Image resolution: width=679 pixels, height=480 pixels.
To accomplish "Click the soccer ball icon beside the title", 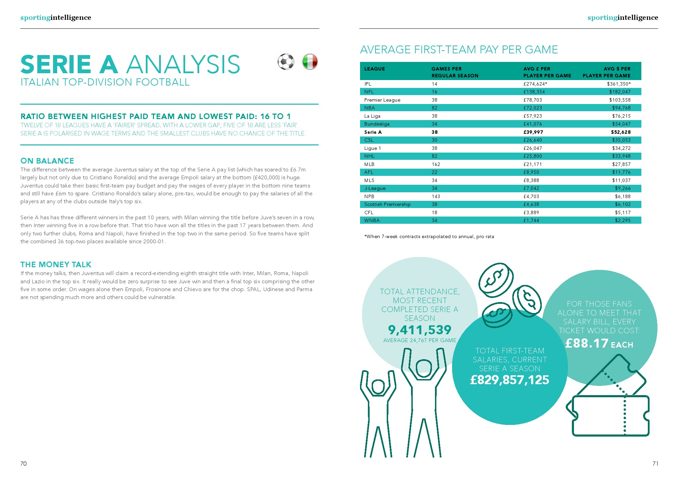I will coord(286,62).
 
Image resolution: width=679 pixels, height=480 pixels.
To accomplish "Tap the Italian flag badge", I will coord(310,62).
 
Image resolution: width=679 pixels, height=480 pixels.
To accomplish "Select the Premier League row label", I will coord(382,100).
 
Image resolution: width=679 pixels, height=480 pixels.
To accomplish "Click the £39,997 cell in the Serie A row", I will coord(533,132).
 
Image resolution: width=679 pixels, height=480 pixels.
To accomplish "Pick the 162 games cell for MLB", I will coord(436,164).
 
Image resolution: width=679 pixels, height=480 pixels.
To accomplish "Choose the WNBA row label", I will coord(372,220).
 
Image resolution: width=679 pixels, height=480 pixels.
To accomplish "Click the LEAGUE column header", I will coord(374,69).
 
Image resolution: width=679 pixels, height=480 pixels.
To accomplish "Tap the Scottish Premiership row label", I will coord(387,204).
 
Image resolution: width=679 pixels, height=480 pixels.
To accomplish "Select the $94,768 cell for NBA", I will coord(621,108).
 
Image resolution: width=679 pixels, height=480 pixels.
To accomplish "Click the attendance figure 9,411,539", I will coord(420,330).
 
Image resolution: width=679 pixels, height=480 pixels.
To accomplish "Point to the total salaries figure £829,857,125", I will coord(510,380).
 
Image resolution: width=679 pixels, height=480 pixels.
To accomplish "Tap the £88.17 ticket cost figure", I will coord(587,343).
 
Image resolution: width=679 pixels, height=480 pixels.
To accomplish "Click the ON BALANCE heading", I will coord(47,161).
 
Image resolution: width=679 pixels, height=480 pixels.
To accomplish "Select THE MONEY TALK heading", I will coord(56,264).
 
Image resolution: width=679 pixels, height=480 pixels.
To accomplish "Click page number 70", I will coord(23,464).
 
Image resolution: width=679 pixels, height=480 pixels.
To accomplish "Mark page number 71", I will coord(655,464).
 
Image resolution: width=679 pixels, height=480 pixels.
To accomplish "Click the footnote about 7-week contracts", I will coord(429,236).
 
